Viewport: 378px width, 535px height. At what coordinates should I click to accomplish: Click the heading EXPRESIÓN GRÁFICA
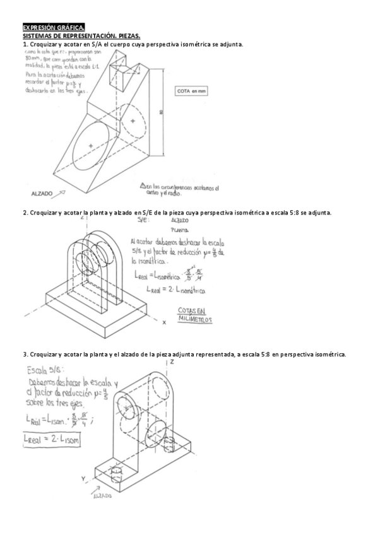[53, 28]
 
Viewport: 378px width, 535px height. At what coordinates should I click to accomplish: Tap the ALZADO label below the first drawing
[42, 192]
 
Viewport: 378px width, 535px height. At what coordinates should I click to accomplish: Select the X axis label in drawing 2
[163, 322]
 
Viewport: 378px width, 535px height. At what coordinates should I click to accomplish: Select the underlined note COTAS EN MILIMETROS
[195, 315]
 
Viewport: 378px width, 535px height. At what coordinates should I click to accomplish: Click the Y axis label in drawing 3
[83, 479]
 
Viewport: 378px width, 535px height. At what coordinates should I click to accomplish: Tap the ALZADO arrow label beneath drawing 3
[102, 496]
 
